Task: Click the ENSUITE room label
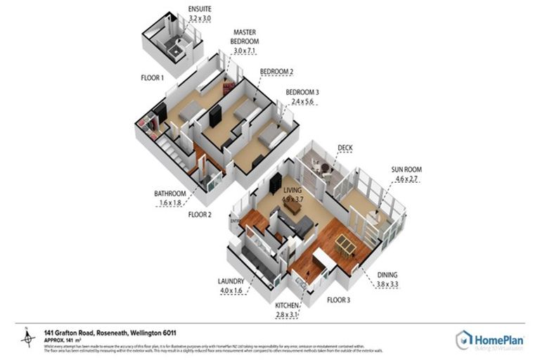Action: click(199, 9)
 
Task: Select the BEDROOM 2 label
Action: click(276, 72)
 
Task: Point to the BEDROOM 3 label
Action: click(302, 92)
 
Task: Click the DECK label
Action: click(345, 148)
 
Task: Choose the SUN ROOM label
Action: click(406, 170)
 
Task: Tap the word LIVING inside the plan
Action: click(292, 191)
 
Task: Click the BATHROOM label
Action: click(170, 194)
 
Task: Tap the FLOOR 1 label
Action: click(152, 78)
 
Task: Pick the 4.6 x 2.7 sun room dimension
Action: click(406, 180)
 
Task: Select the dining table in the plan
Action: click(345, 244)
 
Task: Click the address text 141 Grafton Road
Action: click(77, 332)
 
